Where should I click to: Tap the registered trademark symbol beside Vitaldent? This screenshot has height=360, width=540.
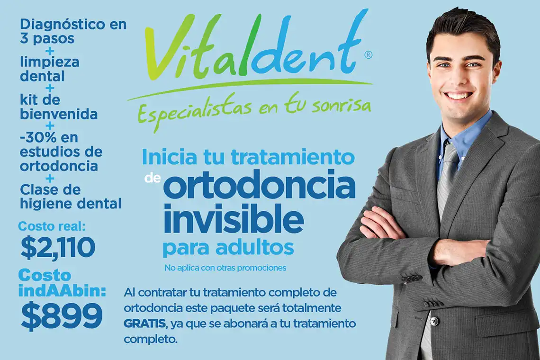coord(368,55)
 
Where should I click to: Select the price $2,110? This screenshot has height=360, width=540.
coord(58,248)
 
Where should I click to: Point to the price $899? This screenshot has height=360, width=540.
coord(62,315)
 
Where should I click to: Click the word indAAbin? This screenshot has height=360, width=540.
coord(62,291)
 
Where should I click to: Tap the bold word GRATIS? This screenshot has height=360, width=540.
coord(144,324)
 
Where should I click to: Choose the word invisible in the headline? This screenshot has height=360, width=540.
coord(234,218)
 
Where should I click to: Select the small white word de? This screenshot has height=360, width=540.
coord(153,178)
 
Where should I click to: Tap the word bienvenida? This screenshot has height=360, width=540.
coord(59,114)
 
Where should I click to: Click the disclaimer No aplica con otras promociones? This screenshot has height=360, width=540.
coord(225,268)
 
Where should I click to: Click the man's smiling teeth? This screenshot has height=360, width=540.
coord(460,95)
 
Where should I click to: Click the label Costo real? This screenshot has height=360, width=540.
coord(52,226)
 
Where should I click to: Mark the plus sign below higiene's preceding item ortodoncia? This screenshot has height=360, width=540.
coord(50,179)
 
